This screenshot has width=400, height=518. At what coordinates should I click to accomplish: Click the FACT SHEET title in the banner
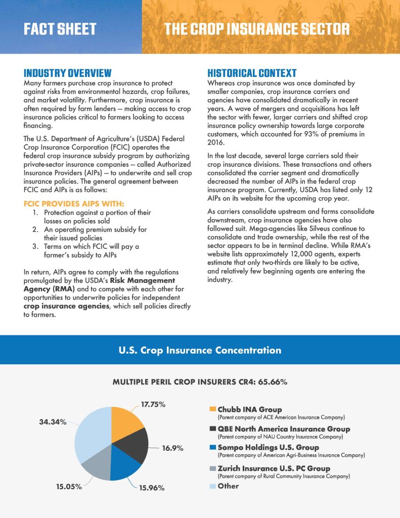tap(60, 29)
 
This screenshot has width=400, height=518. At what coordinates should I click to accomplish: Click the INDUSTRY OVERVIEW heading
tap(68, 73)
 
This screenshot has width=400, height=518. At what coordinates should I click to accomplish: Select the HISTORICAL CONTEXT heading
tap(252, 73)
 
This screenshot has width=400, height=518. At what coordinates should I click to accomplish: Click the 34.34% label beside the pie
tap(53, 422)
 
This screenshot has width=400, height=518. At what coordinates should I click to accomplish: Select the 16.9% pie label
tap(172, 448)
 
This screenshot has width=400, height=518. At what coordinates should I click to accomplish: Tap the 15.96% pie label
tap(152, 488)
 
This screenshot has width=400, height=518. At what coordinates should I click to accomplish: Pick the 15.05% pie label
tap(68, 487)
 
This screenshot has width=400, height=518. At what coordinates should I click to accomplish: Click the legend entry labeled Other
tap(228, 486)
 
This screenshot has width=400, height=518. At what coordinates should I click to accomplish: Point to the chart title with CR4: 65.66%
tap(200, 382)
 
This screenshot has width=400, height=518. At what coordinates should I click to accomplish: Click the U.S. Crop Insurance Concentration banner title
tap(200, 350)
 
